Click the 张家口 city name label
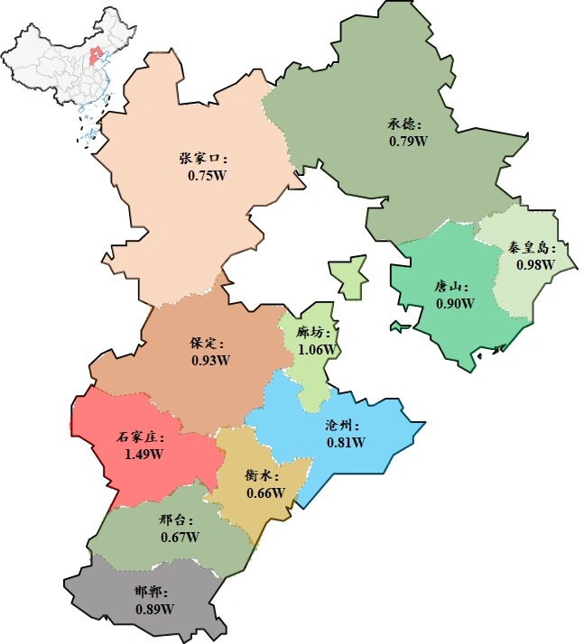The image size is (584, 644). point(204,158)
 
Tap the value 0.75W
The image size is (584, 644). point(207,175)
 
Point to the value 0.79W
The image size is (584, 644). point(408,142)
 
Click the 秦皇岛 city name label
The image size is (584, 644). point(533,247)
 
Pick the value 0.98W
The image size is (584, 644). point(535,265)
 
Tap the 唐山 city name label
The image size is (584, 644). point(452,286)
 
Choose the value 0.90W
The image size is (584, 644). point(455,303)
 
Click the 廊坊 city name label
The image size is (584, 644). point(317,332)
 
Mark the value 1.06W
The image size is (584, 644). point(318,349)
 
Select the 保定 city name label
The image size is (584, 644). point(208,343)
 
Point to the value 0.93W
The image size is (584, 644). point(210,360)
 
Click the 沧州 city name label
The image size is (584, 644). point(345,425)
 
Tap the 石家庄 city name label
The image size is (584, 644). point(141,437)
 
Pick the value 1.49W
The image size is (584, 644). point(144,454)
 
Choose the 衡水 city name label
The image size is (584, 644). point(263,475)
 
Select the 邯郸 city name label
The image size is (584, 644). point(152,592)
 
